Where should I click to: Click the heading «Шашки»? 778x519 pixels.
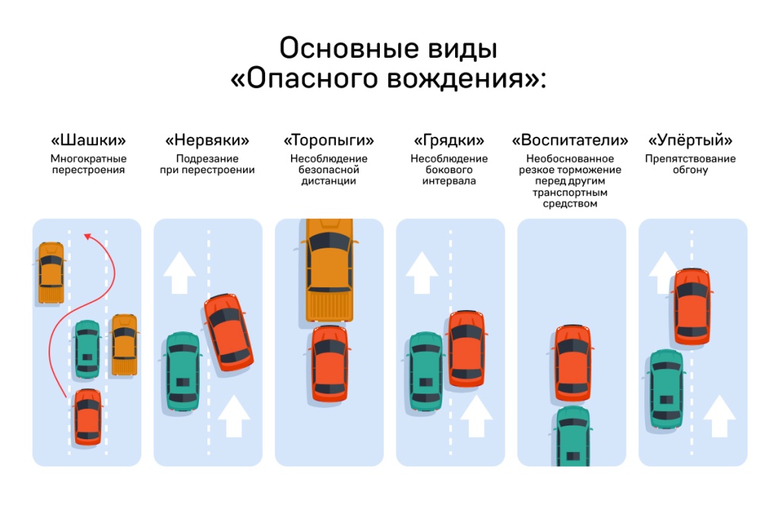click(88, 141)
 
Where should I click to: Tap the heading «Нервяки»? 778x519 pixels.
click(207, 141)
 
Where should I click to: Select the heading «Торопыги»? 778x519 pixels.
click(328, 141)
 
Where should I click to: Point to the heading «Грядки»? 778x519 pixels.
click(449, 141)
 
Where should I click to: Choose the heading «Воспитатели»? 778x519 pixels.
click(570, 141)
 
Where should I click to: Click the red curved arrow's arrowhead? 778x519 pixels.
click(87, 237)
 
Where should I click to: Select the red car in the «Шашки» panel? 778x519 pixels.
click(87, 416)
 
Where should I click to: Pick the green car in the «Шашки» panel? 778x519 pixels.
click(87, 349)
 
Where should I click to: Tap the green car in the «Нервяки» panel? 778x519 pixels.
click(182, 372)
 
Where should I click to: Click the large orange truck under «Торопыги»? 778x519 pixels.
click(329, 269)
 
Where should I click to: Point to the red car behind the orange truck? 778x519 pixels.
click(329, 362)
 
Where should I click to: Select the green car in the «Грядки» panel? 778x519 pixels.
click(425, 372)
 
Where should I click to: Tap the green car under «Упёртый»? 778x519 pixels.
click(666, 388)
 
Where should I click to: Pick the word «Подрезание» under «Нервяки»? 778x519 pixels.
click(207, 159)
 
